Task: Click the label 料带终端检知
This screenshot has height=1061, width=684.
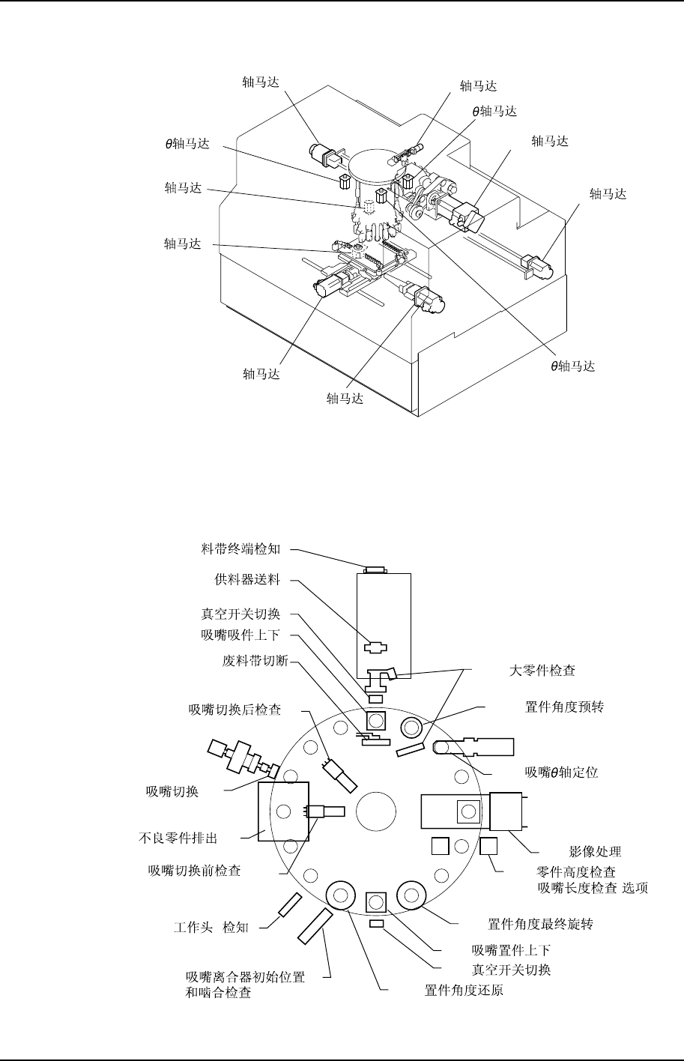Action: pyautogui.click(x=241, y=549)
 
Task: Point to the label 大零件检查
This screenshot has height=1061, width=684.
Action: pyautogui.click(x=537, y=671)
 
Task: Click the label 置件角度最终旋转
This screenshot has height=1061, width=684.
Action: pyautogui.click(x=540, y=924)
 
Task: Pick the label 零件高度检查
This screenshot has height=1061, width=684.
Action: pyautogui.click(x=577, y=872)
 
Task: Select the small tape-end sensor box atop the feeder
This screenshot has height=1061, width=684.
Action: pyautogui.click(x=375, y=569)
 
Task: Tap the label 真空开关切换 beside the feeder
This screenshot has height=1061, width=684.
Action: pyautogui.click(x=241, y=614)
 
